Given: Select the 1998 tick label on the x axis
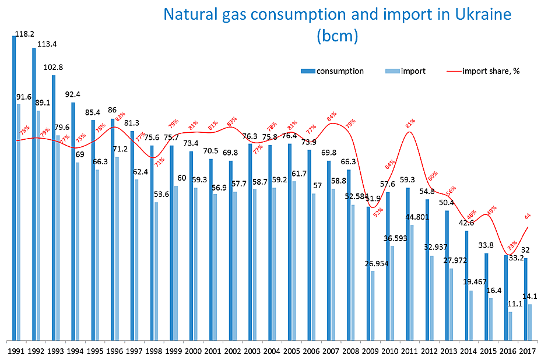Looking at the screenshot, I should [154, 351].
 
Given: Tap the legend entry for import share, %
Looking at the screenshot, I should [490, 71].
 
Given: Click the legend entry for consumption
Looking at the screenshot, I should [340, 71].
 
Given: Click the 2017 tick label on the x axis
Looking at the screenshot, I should [527, 351].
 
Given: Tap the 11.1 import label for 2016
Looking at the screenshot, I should [515, 303].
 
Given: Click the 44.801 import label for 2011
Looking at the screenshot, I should [417, 217].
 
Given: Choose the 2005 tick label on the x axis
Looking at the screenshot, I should [291, 351].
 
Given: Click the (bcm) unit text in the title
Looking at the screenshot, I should [336, 36].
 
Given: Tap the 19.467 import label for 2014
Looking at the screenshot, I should [475, 282].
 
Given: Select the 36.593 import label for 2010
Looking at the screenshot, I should [396, 238].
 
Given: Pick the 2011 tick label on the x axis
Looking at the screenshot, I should [409, 351].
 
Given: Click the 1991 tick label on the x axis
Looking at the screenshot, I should [16, 351].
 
